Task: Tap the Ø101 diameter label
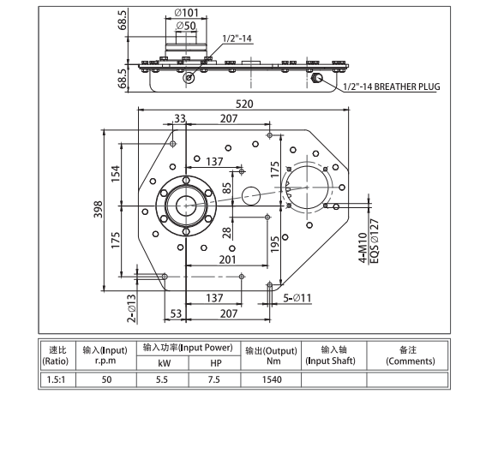tap(187, 12)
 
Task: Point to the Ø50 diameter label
tap(186, 27)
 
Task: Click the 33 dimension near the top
tap(180, 118)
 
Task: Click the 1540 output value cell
tap(271, 378)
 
